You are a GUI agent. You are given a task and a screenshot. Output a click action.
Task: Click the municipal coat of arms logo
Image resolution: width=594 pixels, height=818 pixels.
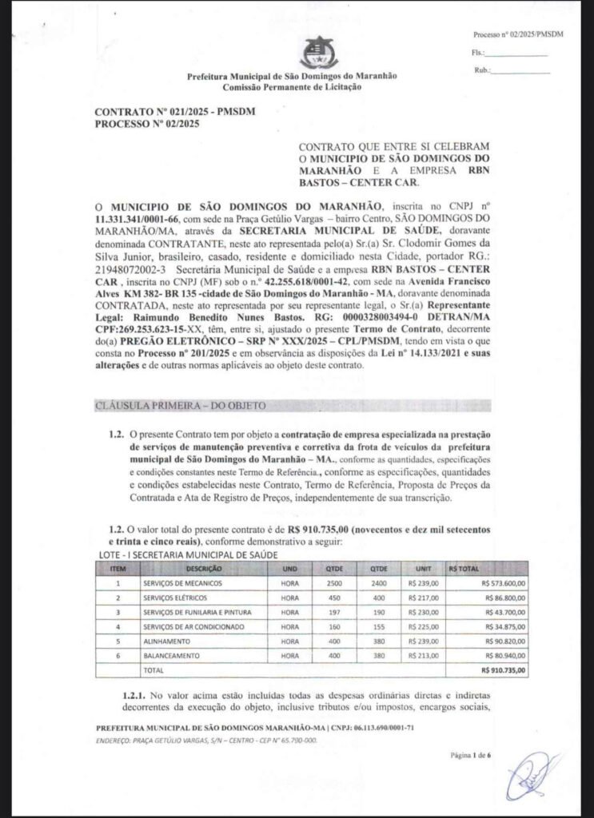(x=314, y=53)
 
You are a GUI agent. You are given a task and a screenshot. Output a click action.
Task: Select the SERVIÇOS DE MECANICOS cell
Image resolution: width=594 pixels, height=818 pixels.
(x=182, y=583)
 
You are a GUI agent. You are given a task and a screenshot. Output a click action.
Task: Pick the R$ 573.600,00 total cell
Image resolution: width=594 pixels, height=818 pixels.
(x=497, y=583)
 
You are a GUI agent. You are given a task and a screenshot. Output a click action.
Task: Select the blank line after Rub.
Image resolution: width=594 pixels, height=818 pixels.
(x=521, y=70)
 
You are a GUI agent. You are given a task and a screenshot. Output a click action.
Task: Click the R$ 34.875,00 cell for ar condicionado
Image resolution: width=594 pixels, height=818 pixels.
(x=499, y=626)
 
